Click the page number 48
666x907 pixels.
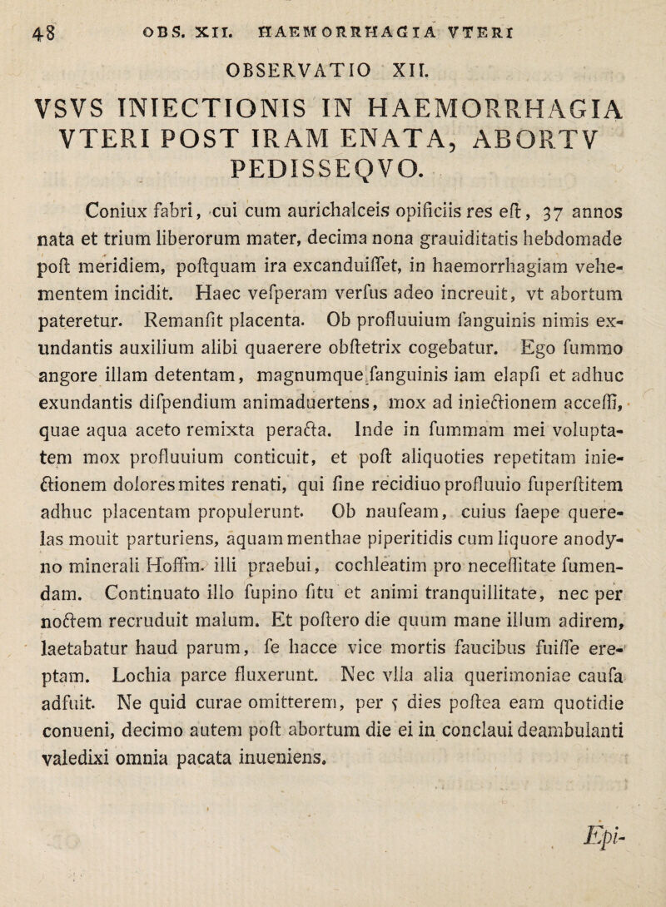(x=24, y=20)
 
